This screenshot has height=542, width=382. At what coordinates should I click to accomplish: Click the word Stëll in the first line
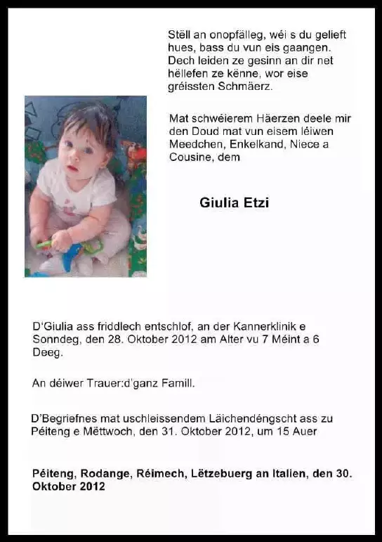click(179, 34)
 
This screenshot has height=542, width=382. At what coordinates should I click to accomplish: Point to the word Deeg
click(47, 354)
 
